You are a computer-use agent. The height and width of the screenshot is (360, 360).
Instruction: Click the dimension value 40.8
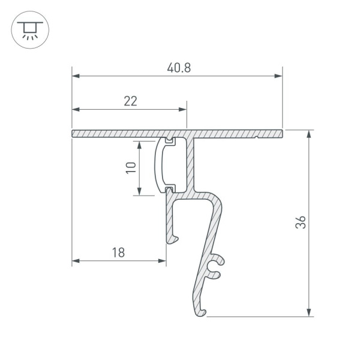179,68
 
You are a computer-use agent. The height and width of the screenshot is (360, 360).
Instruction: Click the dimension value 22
130,101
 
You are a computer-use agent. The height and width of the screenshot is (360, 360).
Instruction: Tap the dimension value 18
118,253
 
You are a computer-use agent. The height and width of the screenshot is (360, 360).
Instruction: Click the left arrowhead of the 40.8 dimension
76,76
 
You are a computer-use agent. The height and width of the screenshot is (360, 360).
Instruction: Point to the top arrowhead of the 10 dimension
139,145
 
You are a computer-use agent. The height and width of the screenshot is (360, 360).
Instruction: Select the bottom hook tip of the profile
202,313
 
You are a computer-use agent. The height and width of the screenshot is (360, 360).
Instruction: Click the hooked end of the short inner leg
174,240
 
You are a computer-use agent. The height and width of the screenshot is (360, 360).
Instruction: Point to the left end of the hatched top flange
74,133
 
